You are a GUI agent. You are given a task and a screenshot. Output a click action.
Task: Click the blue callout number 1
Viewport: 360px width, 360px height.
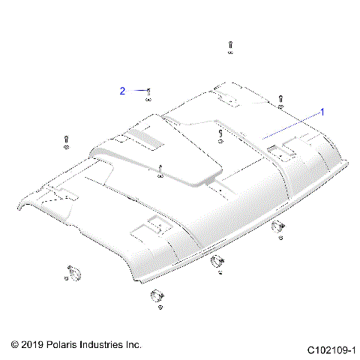click(x=322, y=112)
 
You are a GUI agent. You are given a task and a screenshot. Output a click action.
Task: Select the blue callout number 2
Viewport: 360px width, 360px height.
click(x=122, y=91)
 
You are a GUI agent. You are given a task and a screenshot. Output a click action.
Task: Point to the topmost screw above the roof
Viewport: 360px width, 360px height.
click(x=229, y=48)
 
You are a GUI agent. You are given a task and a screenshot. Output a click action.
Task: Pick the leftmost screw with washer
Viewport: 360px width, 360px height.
click(x=65, y=141)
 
